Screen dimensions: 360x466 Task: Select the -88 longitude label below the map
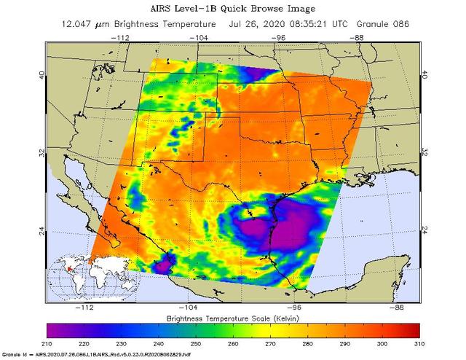pyautogui.click(x=397, y=307)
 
